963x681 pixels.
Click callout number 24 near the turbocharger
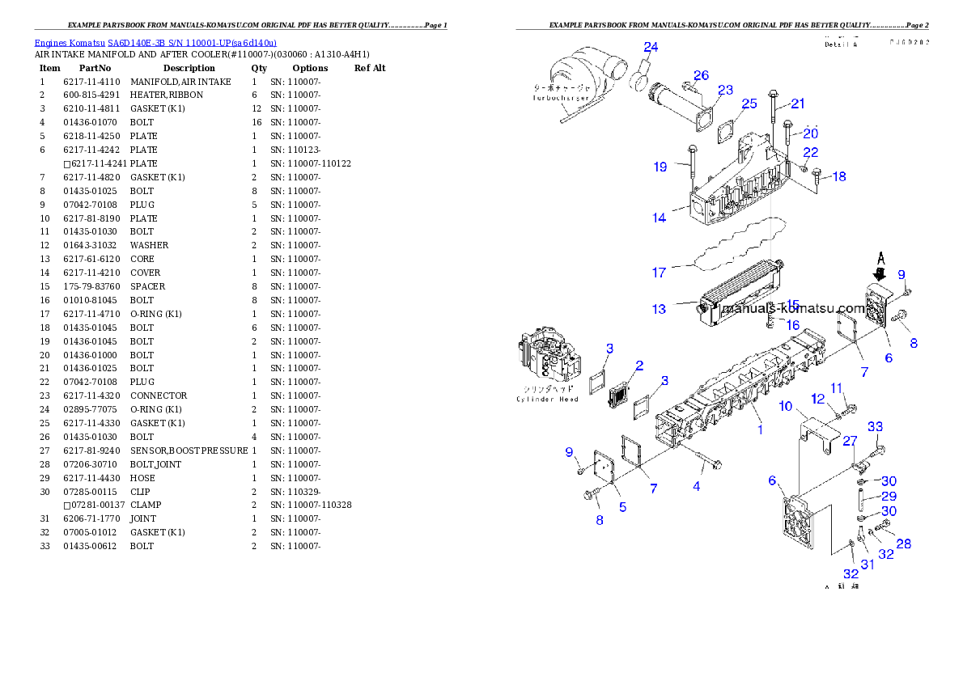tap(651, 47)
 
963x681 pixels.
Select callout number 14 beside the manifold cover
tap(660, 218)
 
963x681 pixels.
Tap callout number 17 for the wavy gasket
tap(659, 273)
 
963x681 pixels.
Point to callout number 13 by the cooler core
tap(659, 309)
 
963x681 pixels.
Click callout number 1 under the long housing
tap(760, 429)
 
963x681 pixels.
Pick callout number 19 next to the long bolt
tap(660, 167)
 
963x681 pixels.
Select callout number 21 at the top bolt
tap(798, 104)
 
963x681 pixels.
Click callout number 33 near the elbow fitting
tap(876, 427)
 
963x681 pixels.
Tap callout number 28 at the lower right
tap(903, 544)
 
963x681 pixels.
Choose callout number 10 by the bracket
tap(785, 405)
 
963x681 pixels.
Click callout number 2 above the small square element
tap(638, 366)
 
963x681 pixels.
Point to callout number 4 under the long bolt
tap(696, 486)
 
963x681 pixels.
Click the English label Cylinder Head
tap(547, 399)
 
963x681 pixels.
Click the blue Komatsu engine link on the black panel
tap(155, 42)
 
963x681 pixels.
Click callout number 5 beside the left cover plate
tap(622, 507)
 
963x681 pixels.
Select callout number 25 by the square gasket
tap(749, 104)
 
